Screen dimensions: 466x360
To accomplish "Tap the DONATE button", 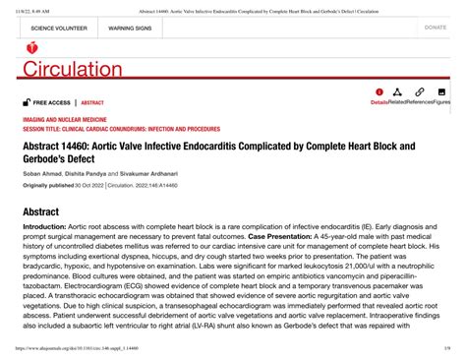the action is [x=436, y=28].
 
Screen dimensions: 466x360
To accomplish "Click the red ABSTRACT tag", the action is [x=92, y=102].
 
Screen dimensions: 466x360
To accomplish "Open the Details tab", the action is [x=379, y=101].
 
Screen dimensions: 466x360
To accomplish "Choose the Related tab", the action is [x=398, y=101].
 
